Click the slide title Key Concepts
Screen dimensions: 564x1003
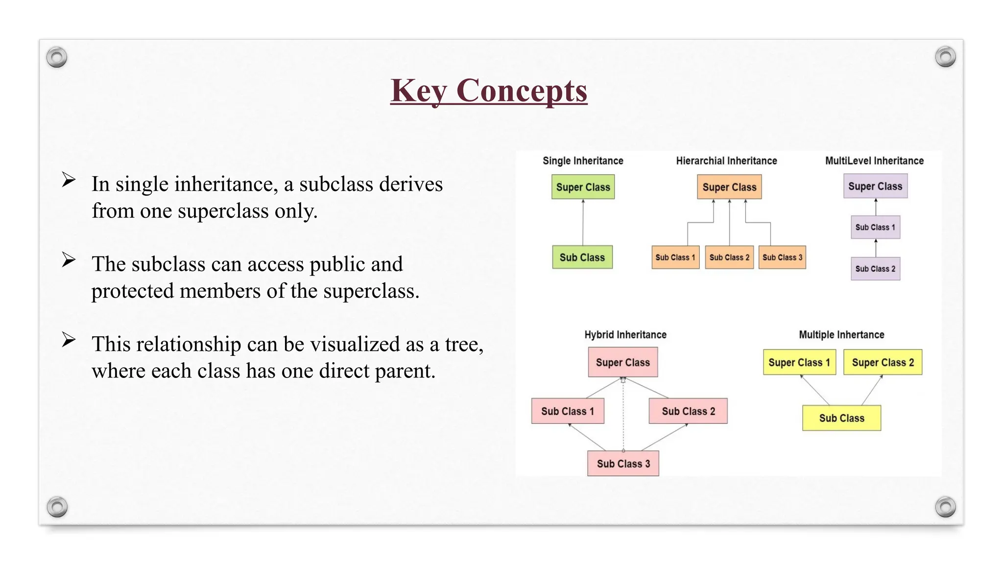[x=489, y=91]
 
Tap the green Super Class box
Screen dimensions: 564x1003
[x=583, y=187]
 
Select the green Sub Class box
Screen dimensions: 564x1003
[x=582, y=258]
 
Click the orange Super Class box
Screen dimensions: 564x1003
[x=729, y=187]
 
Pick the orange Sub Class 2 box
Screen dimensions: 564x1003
[x=729, y=258]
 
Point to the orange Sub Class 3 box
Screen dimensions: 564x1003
[x=782, y=258]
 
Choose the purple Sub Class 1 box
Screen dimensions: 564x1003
[x=875, y=227]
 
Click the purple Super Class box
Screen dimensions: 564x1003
[x=875, y=186]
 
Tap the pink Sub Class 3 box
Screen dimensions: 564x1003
[x=623, y=464]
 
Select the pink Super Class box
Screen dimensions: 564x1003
[x=623, y=362]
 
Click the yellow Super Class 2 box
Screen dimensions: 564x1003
[x=883, y=362]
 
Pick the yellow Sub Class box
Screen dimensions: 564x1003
[x=841, y=418]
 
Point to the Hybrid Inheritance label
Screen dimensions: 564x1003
[x=625, y=335]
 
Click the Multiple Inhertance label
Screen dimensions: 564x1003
[x=841, y=335]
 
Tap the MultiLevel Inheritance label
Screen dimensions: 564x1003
[x=874, y=161]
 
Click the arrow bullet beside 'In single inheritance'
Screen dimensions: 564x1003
[x=69, y=180]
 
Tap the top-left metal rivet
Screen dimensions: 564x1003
[x=57, y=57]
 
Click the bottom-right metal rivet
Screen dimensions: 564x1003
[x=945, y=507]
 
